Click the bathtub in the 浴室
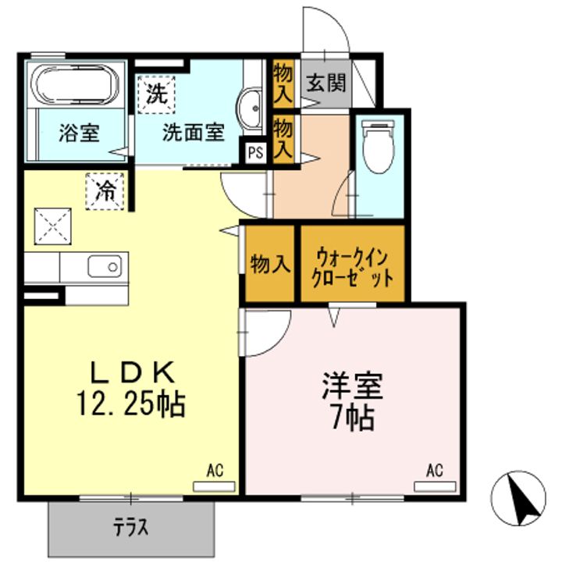(x=75, y=85)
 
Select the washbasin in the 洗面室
(x=249, y=109)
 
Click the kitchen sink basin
(x=105, y=266)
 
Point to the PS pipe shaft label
(x=256, y=153)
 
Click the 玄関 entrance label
(x=326, y=84)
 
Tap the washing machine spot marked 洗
(x=157, y=94)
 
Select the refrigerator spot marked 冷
(x=105, y=190)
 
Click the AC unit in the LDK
(x=214, y=486)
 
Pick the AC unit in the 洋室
(x=435, y=486)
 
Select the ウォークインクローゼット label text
(x=353, y=268)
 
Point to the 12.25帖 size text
(x=131, y=404)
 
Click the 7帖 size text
(x=353, y=418)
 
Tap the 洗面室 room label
(x=194, y=132)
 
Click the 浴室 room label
(x=79, y=133)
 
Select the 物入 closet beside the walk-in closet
(x=270, y=264)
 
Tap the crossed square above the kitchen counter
(x=53, y=226)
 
